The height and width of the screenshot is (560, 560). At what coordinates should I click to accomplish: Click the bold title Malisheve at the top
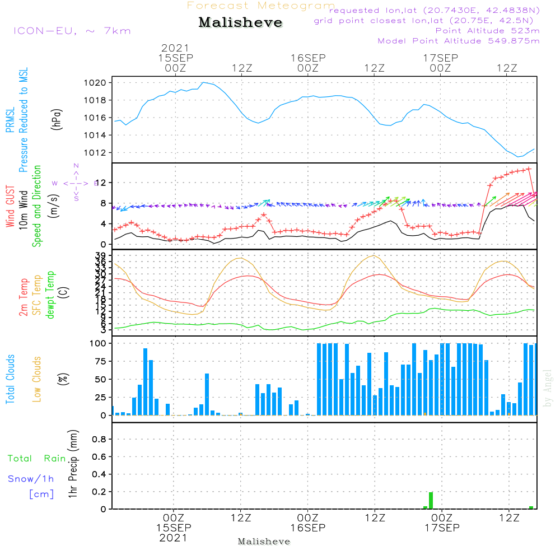pos(241,23)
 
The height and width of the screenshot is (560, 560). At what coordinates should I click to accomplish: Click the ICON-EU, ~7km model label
pos(72,31)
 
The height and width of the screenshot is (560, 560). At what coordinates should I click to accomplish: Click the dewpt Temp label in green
pos(51,295)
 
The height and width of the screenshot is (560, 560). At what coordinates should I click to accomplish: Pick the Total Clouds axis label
pos(10,379)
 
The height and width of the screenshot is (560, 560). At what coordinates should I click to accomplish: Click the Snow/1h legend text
pos(31,479)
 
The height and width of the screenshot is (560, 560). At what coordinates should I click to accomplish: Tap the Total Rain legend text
pos(37,459)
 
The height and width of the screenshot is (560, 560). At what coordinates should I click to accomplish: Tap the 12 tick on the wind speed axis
pos(101,183)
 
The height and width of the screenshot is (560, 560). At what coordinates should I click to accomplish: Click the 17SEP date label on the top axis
pos(440,58)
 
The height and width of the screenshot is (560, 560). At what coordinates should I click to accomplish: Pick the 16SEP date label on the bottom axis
pos(307,528)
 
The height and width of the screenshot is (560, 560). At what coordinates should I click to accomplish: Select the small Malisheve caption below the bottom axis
pos(264,542)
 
